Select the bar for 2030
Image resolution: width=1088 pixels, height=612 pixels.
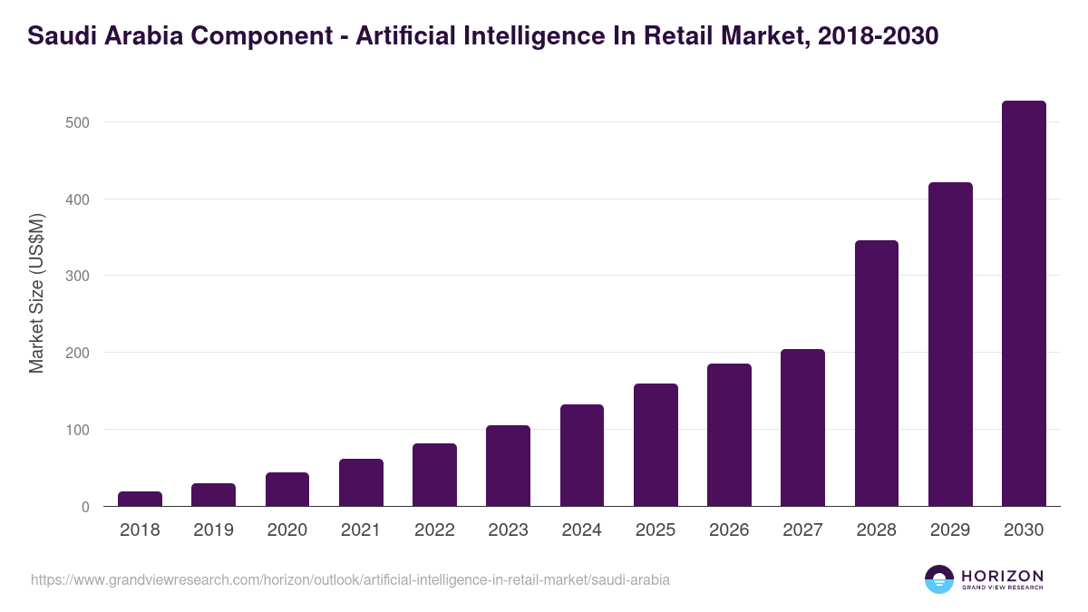click(x=1024, y=304)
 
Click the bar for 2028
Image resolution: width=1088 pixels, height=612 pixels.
click(x=876, y=374)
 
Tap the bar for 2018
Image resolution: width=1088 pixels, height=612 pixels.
click(x=140, y=499)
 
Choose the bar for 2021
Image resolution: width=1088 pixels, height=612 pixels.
click(x=361, y=482)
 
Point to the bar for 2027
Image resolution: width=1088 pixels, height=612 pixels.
click(x=802, y=428)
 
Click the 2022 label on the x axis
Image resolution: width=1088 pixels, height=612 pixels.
click(x=434, y=530)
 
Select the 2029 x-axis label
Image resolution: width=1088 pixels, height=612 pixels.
click(x=950, y=530)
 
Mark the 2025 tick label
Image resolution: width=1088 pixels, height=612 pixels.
click(x=656, y=530)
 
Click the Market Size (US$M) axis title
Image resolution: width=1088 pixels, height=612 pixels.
click(x=36, y=293)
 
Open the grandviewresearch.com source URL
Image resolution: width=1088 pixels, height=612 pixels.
click(x=350, y=579)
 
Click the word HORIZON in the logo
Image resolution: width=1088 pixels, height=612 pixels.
click(x=1002, y=576)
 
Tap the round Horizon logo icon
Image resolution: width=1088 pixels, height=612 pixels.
click(x=939, y=579)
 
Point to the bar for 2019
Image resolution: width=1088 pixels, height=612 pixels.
click(x=213, y=495)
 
